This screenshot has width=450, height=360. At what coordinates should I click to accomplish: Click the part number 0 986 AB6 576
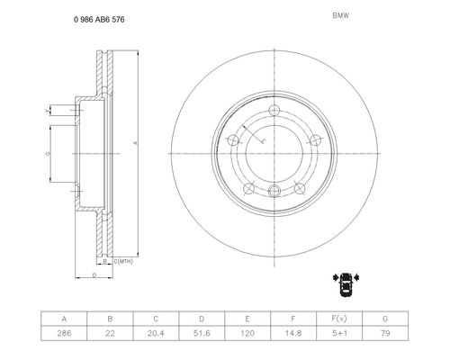(99, 20)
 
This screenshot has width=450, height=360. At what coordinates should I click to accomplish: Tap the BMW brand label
(341, 16)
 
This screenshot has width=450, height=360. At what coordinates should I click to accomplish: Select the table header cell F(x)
(339, 319)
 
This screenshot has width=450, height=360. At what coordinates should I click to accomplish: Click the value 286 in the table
(64, 333)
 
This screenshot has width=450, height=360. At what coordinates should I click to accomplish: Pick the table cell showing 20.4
(156, 333)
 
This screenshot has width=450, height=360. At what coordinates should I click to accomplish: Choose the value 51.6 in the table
(202, 333)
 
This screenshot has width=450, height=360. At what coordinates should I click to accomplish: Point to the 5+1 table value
(339, 333)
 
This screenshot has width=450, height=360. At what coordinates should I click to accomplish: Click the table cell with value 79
(385, 333)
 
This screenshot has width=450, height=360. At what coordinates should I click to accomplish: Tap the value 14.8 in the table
(293, 333)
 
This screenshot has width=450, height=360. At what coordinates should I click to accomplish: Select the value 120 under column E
(247, 333)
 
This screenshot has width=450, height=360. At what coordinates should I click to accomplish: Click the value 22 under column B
(110, 333)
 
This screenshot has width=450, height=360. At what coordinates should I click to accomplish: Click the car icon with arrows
(346, 283)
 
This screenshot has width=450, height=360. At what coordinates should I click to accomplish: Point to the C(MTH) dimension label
(123, 262)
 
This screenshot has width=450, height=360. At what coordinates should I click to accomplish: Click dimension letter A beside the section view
(135, 143)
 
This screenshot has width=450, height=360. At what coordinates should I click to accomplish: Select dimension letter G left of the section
(48, 154)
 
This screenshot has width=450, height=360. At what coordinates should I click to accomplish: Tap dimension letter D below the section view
(94, 275)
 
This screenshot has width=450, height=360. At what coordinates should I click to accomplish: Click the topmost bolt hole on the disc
(274, 111)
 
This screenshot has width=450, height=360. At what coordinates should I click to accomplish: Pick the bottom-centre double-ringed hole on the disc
(274, 190)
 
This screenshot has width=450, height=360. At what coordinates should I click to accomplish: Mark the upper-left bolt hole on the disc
(233, 140)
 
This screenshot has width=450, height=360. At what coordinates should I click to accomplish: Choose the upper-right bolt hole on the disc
(315, 140)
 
